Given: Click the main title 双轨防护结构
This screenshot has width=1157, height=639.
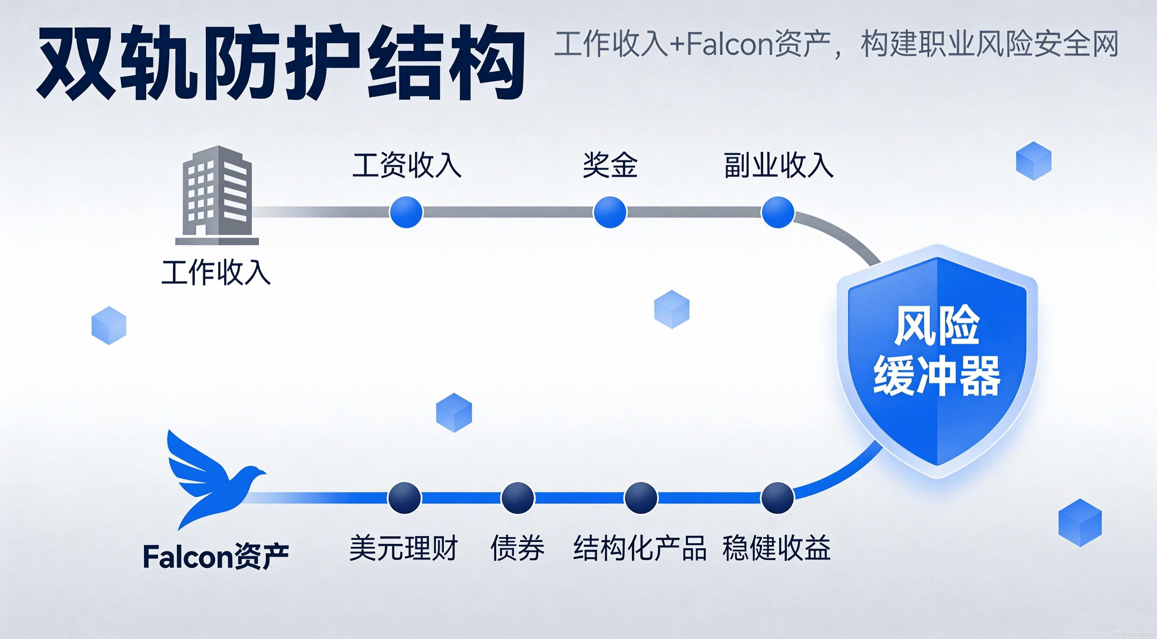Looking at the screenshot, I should (x=281, y=63).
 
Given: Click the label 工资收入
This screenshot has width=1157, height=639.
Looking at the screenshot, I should (x=407, y=165).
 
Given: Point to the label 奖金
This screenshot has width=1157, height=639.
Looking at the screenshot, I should (x=610, y=165).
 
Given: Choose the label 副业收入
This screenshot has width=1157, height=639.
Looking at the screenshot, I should (x=778, y=165).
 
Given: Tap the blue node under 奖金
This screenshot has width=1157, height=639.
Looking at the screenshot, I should (x=610, y=212).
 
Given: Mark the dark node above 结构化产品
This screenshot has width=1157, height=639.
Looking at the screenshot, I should (x=641, y=498).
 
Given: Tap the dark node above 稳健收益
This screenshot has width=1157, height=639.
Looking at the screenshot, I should (x=778, y=498).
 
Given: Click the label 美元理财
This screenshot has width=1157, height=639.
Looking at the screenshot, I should (x=403, y=548).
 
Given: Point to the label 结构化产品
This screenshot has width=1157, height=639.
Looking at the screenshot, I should (x=640, y=548).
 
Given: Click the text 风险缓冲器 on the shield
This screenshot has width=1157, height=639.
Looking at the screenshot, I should (x=937, y=350).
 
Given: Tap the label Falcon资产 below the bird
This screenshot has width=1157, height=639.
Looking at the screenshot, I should (x=216, y=557).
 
